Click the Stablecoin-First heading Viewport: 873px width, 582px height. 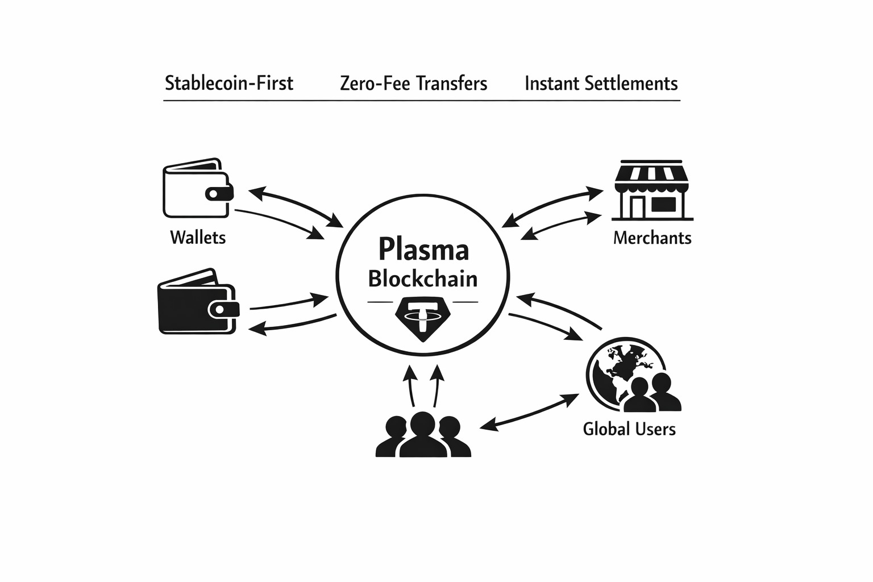pyautogui.click(x=229, y=84)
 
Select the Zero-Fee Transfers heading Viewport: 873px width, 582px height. pyautogui.click(x=413, y=84)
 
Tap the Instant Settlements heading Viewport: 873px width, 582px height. pyautogui.click(x=601, y=84)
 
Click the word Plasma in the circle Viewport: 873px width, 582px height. pyautogui.click(x=423, y=250)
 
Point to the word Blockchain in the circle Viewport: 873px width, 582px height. pyautogui.click(x=422, y=279)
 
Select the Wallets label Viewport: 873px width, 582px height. pyautogui.click(x=198, y=237)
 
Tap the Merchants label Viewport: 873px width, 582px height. pyautogui.click(x=652, y=237)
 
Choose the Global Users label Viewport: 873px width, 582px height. pyautogui.click(x=629, y=429)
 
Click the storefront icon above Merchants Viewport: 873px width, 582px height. pyautogui.click(x=652, y=190)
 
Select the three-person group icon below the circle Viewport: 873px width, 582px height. pyautogui.click(x=423, y=435)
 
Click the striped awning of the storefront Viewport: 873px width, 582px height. pyautogui.click(x=652, y=174)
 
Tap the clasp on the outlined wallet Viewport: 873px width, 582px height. pyautogui.click(x=217, y=194)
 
